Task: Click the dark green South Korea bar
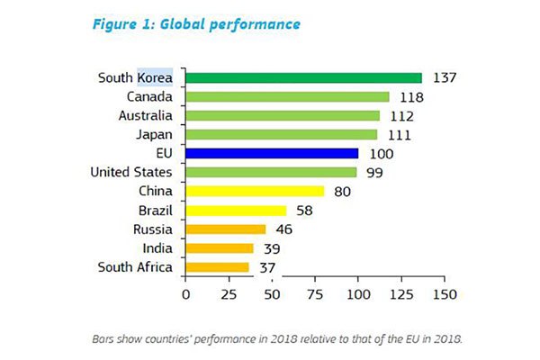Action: click(x=303, y=77)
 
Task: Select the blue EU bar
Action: click(x=272, y=154)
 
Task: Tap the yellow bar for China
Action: click(x=254, y=192)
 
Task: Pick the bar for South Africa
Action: click(x=217, y=267)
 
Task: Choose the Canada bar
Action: click(x=287, y=96)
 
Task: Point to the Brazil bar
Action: click(x=235, y=211)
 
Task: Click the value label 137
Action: click(x=445, y=77)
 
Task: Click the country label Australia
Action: click(x=146, y=115)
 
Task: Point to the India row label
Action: click(x=158, y=247)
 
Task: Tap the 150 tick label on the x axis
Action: click(x=444, y=293)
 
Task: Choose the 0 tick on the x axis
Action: click(x=185, y=293)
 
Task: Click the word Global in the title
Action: click(x=185, y=24)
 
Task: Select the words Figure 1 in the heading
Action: click(x=120, y=24)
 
